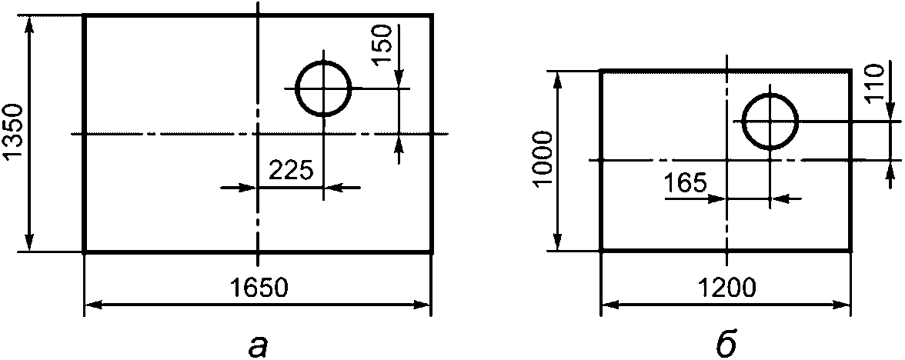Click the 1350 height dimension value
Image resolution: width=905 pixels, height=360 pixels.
13,133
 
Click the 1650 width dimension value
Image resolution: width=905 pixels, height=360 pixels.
258,288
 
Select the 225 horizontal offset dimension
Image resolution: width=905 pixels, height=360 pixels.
292,171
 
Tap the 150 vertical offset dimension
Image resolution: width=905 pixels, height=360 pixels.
385,45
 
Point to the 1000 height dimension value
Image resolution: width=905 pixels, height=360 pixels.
543,160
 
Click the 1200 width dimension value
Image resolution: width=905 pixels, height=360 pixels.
726,288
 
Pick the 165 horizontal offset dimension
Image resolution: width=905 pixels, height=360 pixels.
685,183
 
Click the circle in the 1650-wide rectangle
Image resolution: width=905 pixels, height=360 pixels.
296,89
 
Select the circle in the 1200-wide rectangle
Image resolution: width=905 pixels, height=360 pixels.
743,122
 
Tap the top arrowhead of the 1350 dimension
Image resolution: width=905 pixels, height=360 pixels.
30,24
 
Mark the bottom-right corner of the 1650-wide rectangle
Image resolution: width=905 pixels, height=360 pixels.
431,252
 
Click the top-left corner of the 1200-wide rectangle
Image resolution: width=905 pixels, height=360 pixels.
602,72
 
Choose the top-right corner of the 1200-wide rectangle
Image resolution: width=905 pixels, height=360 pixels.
850,72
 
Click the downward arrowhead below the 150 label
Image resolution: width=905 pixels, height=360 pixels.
399,80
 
